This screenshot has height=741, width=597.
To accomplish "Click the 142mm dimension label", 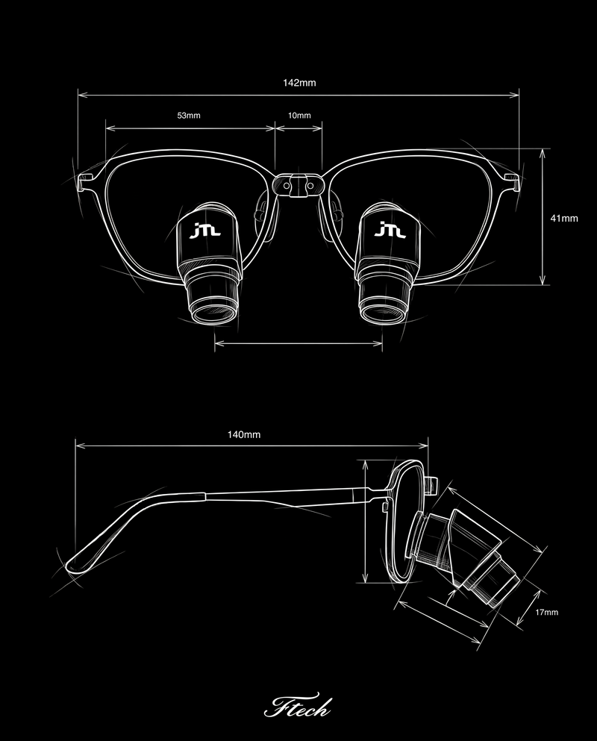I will point(299,83).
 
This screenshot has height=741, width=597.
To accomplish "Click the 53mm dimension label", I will point(189,116).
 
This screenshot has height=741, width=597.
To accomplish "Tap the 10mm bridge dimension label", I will point(298,116).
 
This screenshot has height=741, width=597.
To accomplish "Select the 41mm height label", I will point(564,218).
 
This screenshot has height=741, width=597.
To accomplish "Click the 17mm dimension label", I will point(547,612).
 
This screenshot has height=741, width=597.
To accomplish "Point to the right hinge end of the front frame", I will point(513,178).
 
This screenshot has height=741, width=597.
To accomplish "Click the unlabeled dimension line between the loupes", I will point(298,344).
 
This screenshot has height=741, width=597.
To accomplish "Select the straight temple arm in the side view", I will point(284,493).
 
